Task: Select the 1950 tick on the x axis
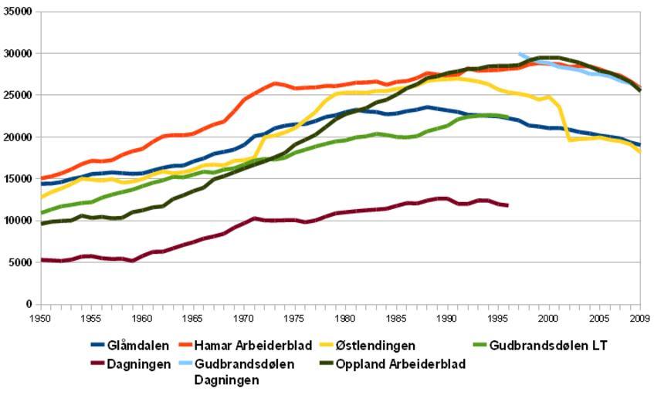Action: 40,317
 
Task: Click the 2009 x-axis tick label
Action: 640,317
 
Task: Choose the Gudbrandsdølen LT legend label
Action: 549,346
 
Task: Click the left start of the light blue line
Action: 520,53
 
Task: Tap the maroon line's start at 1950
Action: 41,260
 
